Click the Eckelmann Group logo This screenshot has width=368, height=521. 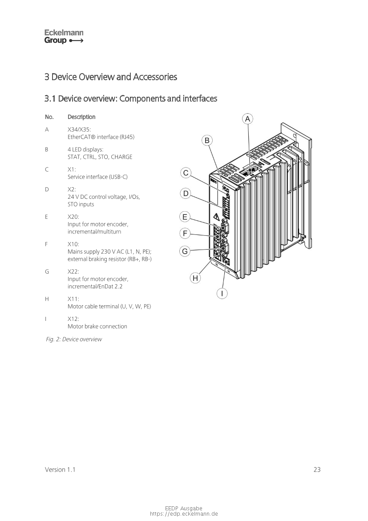tap(64, 37)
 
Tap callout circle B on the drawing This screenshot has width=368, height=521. tap(207, 141)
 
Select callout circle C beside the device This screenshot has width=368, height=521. tap(186, 173)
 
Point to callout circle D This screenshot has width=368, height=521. tap(186, 193)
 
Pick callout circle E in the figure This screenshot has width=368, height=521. tap(185, 217)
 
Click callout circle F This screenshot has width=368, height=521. tap(185, 233)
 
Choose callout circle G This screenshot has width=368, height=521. tap(185, 251)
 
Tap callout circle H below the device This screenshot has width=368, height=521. tap(195, 279)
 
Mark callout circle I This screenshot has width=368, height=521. tap(222, 293)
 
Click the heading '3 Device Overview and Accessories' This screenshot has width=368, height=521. tap(111, 77)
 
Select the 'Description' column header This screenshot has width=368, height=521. tap(81, 117)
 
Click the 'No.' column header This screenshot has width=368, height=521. tap(49, 117)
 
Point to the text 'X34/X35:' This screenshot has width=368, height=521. tap(79, 129)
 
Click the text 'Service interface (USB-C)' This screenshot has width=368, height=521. tap(97, 177)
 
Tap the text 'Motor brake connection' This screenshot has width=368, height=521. tap(97, 326)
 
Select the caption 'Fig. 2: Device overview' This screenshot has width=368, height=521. tap(74, 340)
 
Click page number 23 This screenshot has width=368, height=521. tap(317, 469)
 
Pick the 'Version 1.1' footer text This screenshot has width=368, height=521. tap(60, 469)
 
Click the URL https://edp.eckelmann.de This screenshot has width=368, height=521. tap(184, 514)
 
